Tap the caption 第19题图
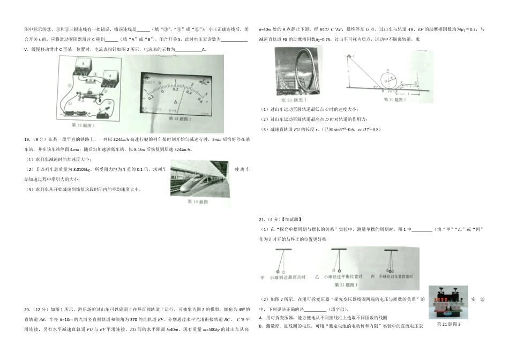coord(198,202)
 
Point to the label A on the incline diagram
coord(353,56)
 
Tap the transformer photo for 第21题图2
coord(448,303)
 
